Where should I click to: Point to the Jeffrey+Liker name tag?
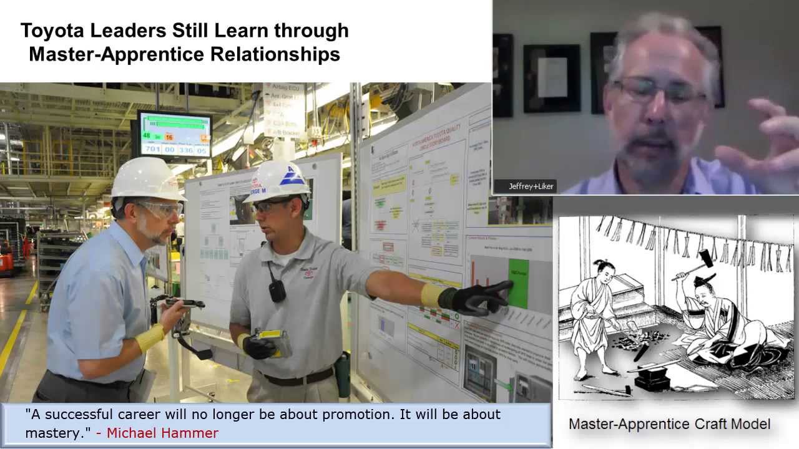[x=531, y=186]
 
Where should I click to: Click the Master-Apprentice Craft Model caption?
[x=669, y=424]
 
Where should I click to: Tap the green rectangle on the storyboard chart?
[x=518, y=284]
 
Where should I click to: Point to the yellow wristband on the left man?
[x=150, y=337]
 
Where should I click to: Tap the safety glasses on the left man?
[x=160, y=209]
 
